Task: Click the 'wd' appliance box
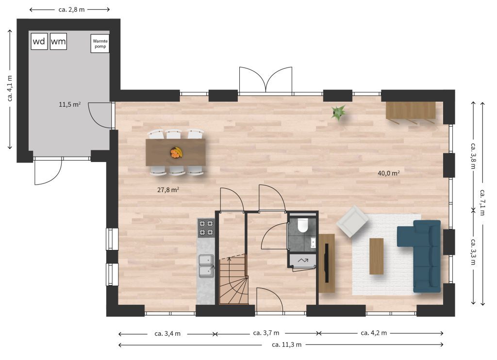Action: pos(39,41)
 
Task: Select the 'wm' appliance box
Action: pos(58,41)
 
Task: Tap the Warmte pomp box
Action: pos(100,43)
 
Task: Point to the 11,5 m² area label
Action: pos(70,104)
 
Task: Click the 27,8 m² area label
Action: pos(168,190)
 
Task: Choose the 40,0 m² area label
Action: pos(389,173)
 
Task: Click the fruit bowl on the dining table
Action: pos(176,152)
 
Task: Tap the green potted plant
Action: pos(338,113)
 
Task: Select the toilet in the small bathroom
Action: pos(303,225)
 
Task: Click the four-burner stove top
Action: pos(206,228)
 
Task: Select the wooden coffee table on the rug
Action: pos(377,256)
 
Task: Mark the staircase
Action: pos(233,279)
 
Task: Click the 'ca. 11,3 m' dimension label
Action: pos(286,344)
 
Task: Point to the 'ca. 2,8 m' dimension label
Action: pos(72,10)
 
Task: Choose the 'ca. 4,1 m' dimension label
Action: pos(10,88)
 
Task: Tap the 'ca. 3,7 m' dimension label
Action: pos(266,333)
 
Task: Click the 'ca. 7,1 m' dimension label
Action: pos(482,202)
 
